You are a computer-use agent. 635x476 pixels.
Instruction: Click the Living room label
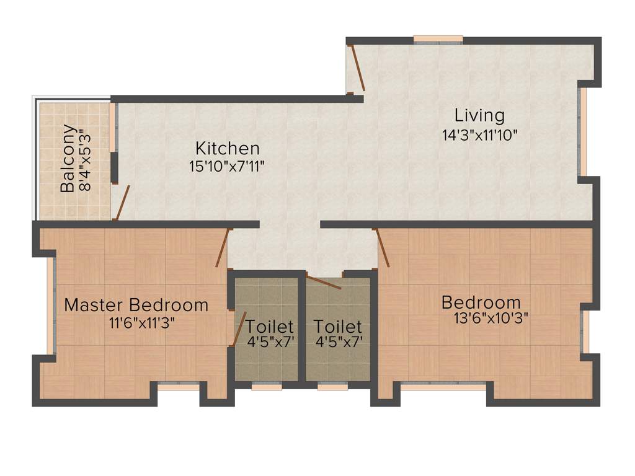coord(479,115)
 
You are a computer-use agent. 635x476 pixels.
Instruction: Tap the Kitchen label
coord(227,149)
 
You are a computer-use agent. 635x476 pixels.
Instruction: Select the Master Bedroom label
coord(136,305)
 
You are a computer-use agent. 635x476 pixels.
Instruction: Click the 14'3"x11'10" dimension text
coord(479,135)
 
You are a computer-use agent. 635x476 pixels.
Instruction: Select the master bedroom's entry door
coord(222,248)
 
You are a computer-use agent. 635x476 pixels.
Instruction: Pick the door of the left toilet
coord(238,328)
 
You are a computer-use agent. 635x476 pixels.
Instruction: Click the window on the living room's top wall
coord(438,40)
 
